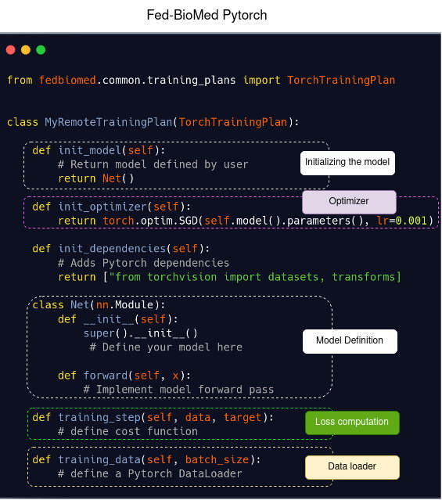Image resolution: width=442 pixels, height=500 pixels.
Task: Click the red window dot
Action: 10,50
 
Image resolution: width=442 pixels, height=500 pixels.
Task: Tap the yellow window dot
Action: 26,50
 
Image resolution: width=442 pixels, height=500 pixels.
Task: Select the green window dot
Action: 41,50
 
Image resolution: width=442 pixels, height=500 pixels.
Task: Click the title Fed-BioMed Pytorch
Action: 207,15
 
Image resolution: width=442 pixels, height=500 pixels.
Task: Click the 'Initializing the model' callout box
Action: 347,163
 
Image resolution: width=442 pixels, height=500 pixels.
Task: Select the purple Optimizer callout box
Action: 349,202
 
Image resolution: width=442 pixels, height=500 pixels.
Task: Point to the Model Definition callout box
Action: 350,341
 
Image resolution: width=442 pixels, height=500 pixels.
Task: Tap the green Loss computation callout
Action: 352,423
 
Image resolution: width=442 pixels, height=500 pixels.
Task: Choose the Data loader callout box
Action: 352,467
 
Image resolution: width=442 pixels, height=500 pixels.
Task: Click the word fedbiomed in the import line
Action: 67,80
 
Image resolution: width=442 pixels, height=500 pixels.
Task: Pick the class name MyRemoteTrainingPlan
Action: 109,122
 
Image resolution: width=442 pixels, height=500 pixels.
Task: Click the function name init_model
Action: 90,150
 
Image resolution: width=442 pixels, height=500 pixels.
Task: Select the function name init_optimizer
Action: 102,207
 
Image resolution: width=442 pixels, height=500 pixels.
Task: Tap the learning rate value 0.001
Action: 411,221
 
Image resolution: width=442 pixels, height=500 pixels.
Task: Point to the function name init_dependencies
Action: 112,248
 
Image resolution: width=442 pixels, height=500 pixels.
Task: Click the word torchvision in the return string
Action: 181,277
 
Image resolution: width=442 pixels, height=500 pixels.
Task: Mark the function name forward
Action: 106,376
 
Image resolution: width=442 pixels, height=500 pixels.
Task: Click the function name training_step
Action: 99,417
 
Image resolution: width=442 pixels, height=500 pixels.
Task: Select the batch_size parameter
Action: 217,459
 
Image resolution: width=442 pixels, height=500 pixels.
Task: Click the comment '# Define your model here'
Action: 166,347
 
